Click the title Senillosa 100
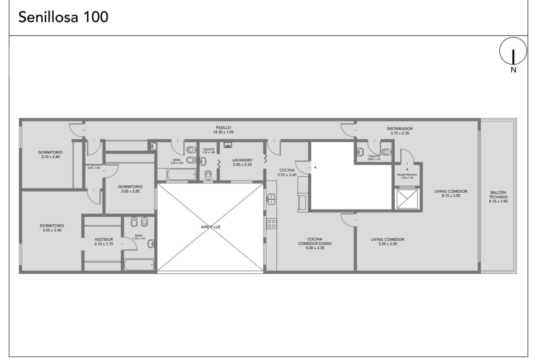pos(63,17)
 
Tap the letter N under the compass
pos(513,70)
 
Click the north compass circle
pos(513,51)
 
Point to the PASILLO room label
pos(224,127)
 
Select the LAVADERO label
pos(242,160)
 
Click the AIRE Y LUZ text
pos(211,227)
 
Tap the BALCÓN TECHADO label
pos(498,195)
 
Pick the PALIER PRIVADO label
pos(407,175)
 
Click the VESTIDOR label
pos(104,239)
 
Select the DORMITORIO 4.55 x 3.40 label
pos(52,228)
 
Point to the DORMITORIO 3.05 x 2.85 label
pos(130,189)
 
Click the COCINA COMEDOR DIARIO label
pos(315,241)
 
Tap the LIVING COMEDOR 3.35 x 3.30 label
pos(387,242)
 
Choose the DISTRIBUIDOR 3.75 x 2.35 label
pos(400,131)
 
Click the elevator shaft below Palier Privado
pos(407,199)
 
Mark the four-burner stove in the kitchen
pos(272,224)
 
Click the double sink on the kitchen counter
pos(271,199)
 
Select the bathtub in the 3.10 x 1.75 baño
pos(139,265)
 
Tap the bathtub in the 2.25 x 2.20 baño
pos(182,174)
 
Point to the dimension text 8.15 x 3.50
pos(451,196)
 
